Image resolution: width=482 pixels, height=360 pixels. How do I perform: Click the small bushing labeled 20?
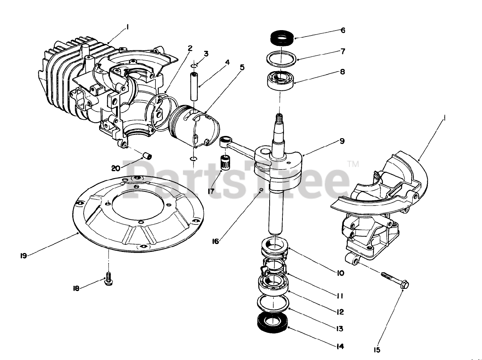(x=147, y=155)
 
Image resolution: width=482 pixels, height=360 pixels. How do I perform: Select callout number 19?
(x=23, y=256)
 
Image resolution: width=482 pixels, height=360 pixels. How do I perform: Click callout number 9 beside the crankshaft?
(x=342, y=142)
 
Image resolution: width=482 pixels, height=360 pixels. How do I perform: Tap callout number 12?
(x=340, y=312)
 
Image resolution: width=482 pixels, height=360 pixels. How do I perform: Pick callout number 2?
(x=190, y=48)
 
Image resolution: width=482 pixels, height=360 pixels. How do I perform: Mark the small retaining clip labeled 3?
(x=194, y=66)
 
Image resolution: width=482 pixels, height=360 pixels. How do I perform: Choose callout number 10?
(x=340, y=273)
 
